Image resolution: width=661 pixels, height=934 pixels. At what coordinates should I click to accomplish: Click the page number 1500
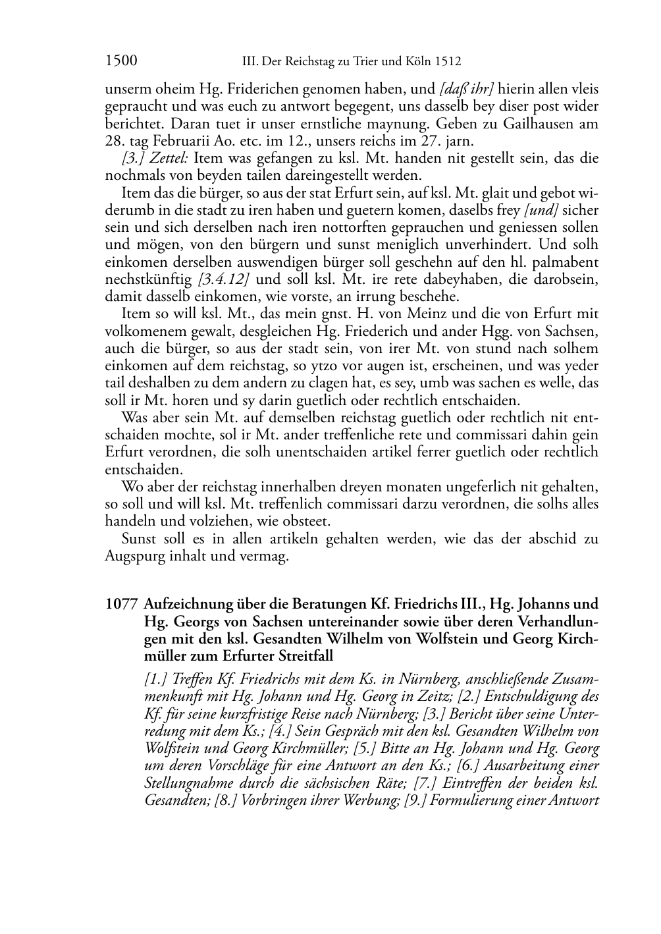[x=121, y=61]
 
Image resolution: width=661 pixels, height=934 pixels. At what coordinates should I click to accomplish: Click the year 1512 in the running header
[x=448, y=62]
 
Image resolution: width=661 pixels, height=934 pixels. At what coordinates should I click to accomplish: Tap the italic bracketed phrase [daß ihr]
[x=466, y=89]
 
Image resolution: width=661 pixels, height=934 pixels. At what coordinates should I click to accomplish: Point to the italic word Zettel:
[x=172, y=158]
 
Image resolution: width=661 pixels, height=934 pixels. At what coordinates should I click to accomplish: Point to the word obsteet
[x=308, y=522]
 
